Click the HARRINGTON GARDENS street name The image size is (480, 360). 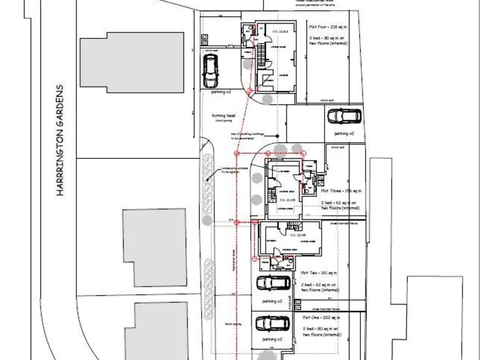tap(61, 141)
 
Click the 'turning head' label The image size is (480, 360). tap(223, 116)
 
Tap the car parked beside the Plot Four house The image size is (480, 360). tap(210, 72)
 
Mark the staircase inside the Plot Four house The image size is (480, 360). tap(267, 81)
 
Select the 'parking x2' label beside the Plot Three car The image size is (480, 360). tap(344, 134)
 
